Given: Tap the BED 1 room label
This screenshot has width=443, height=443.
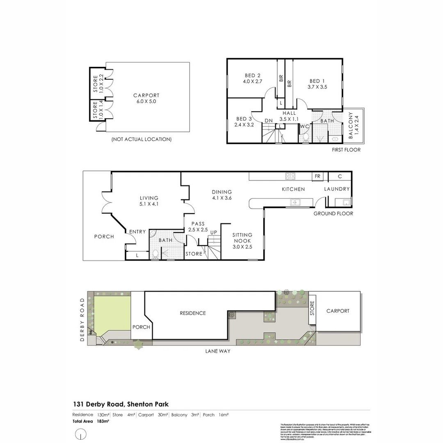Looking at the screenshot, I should tap(318, 84).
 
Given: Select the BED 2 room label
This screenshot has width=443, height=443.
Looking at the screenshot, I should tap(253, 78).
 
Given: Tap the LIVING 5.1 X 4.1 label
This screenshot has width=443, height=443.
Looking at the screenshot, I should tap(149, 201).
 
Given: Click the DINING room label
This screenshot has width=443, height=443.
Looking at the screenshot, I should tap(222, 195).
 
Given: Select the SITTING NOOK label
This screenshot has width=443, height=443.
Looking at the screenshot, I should tap(242, 241).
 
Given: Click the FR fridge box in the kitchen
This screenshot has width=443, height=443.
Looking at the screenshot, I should tap(317, 176).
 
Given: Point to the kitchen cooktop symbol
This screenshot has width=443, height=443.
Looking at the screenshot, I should tap(290, 176).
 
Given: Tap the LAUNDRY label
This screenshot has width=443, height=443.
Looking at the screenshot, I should tap(337, 189).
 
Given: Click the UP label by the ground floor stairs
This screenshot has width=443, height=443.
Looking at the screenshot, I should tap(213, 233).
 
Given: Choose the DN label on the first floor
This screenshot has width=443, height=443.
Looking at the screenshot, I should tap(269, 121).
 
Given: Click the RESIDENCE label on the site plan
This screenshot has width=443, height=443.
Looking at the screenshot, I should tap(193, 313).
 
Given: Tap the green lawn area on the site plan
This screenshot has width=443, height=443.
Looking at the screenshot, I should tap(112, 314).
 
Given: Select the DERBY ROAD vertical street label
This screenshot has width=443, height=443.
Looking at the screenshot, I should tap(82, 320).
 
